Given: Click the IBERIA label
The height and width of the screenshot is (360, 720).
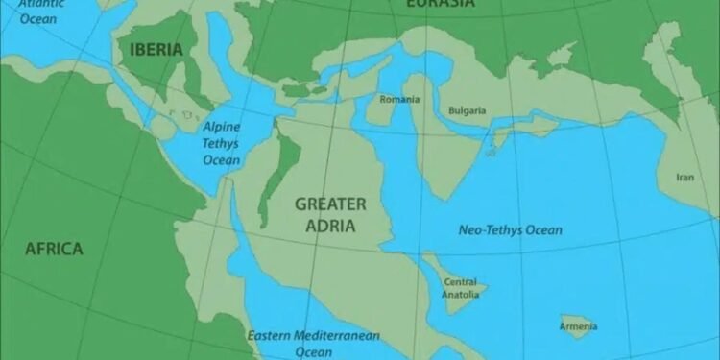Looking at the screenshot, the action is pyautogui.click(x=152, y=50).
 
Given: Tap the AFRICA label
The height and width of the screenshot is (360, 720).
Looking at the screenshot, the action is pyautogui.click(x=54, y=249).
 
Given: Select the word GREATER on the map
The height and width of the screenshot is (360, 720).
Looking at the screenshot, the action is pyautogui.click(x=330, y=204).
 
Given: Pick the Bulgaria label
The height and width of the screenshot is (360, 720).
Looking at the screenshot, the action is pyautogui.click(x=468, y=110).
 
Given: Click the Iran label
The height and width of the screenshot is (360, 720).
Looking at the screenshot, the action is pyautogui.click(x=684, y=177).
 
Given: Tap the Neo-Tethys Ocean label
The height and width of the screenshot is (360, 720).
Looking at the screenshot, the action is pyautogui.click(x=510, y=230).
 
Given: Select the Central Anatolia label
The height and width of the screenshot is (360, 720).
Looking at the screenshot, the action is pyautogui.click(x=461, y=288).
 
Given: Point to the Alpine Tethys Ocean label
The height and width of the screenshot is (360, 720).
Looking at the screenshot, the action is pyautogui.click(x=221, y=143).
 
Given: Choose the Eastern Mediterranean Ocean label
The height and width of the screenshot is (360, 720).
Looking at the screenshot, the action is pyautogui.click(x=313, y=344).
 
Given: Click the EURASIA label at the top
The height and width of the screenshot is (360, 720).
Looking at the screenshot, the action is pyautogui.click(x=440, y=4).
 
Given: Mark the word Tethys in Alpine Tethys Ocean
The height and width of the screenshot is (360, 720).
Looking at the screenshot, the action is pyautogui.click(x=221, y=143).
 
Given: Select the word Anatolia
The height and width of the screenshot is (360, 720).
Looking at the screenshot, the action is pyautogui.click(x=461, y=294).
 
